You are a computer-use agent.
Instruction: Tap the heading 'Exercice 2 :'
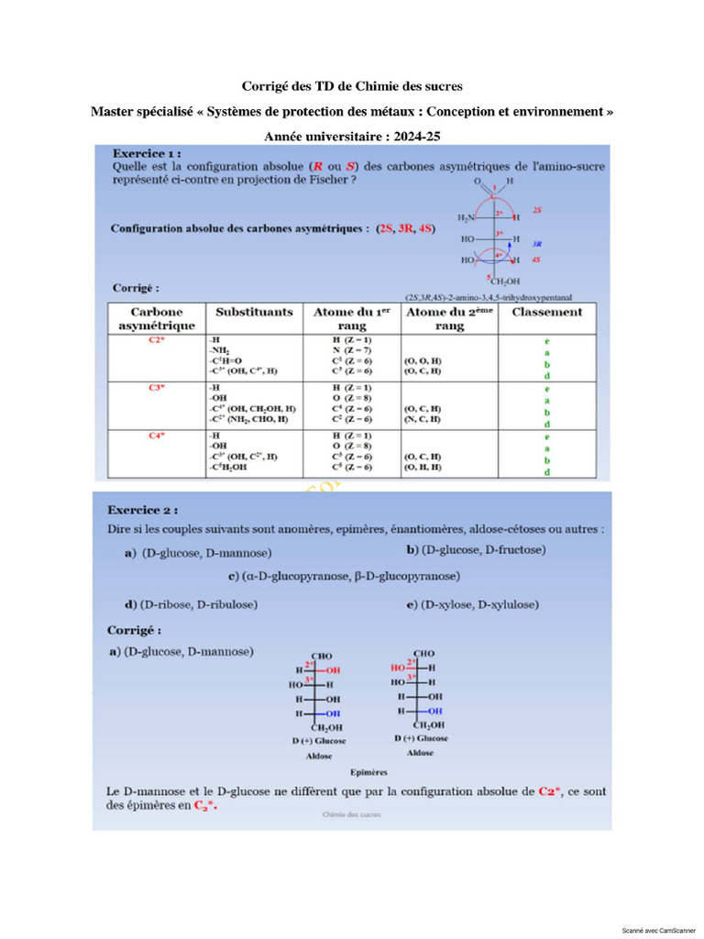pyautogui.click(x=143, y=509)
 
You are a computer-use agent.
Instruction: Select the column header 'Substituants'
pyautogui.click(x=254, y=312)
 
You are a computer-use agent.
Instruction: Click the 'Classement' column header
pyautogui.click(x=546, y=312)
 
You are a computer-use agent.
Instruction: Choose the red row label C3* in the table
pyautogui.click(x=157, y=388)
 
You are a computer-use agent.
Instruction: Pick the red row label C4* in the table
pyautogui.click(x=157, y=436)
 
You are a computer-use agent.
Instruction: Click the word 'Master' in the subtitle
pyautogui.click(x=114, y=111)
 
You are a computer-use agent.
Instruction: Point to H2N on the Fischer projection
pyautogui.click(x=467, y=218)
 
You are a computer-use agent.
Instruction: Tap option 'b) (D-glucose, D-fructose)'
pyautogui.click(x=476, y=549)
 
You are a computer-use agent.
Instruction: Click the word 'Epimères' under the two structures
pyautogui.click(x=368, y=772)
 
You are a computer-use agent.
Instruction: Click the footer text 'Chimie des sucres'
pyautogui.click(x=352, y=813)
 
